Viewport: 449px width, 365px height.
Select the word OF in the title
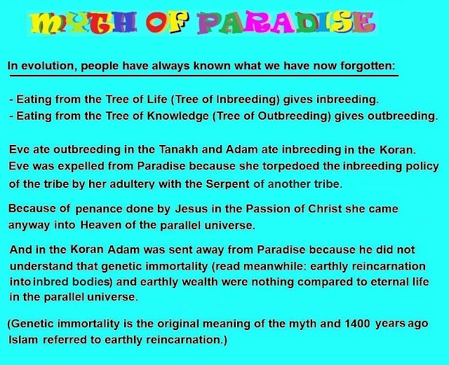(167, 23)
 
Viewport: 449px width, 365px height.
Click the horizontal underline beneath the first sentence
(204, 76)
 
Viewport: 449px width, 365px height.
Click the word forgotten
(368, 66)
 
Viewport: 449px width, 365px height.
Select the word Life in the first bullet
(157, 99)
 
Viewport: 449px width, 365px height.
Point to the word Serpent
(227, 184)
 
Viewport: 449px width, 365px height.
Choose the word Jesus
(192, 209)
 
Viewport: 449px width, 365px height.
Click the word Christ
(325, 209)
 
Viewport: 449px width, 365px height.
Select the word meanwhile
(274, 266)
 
